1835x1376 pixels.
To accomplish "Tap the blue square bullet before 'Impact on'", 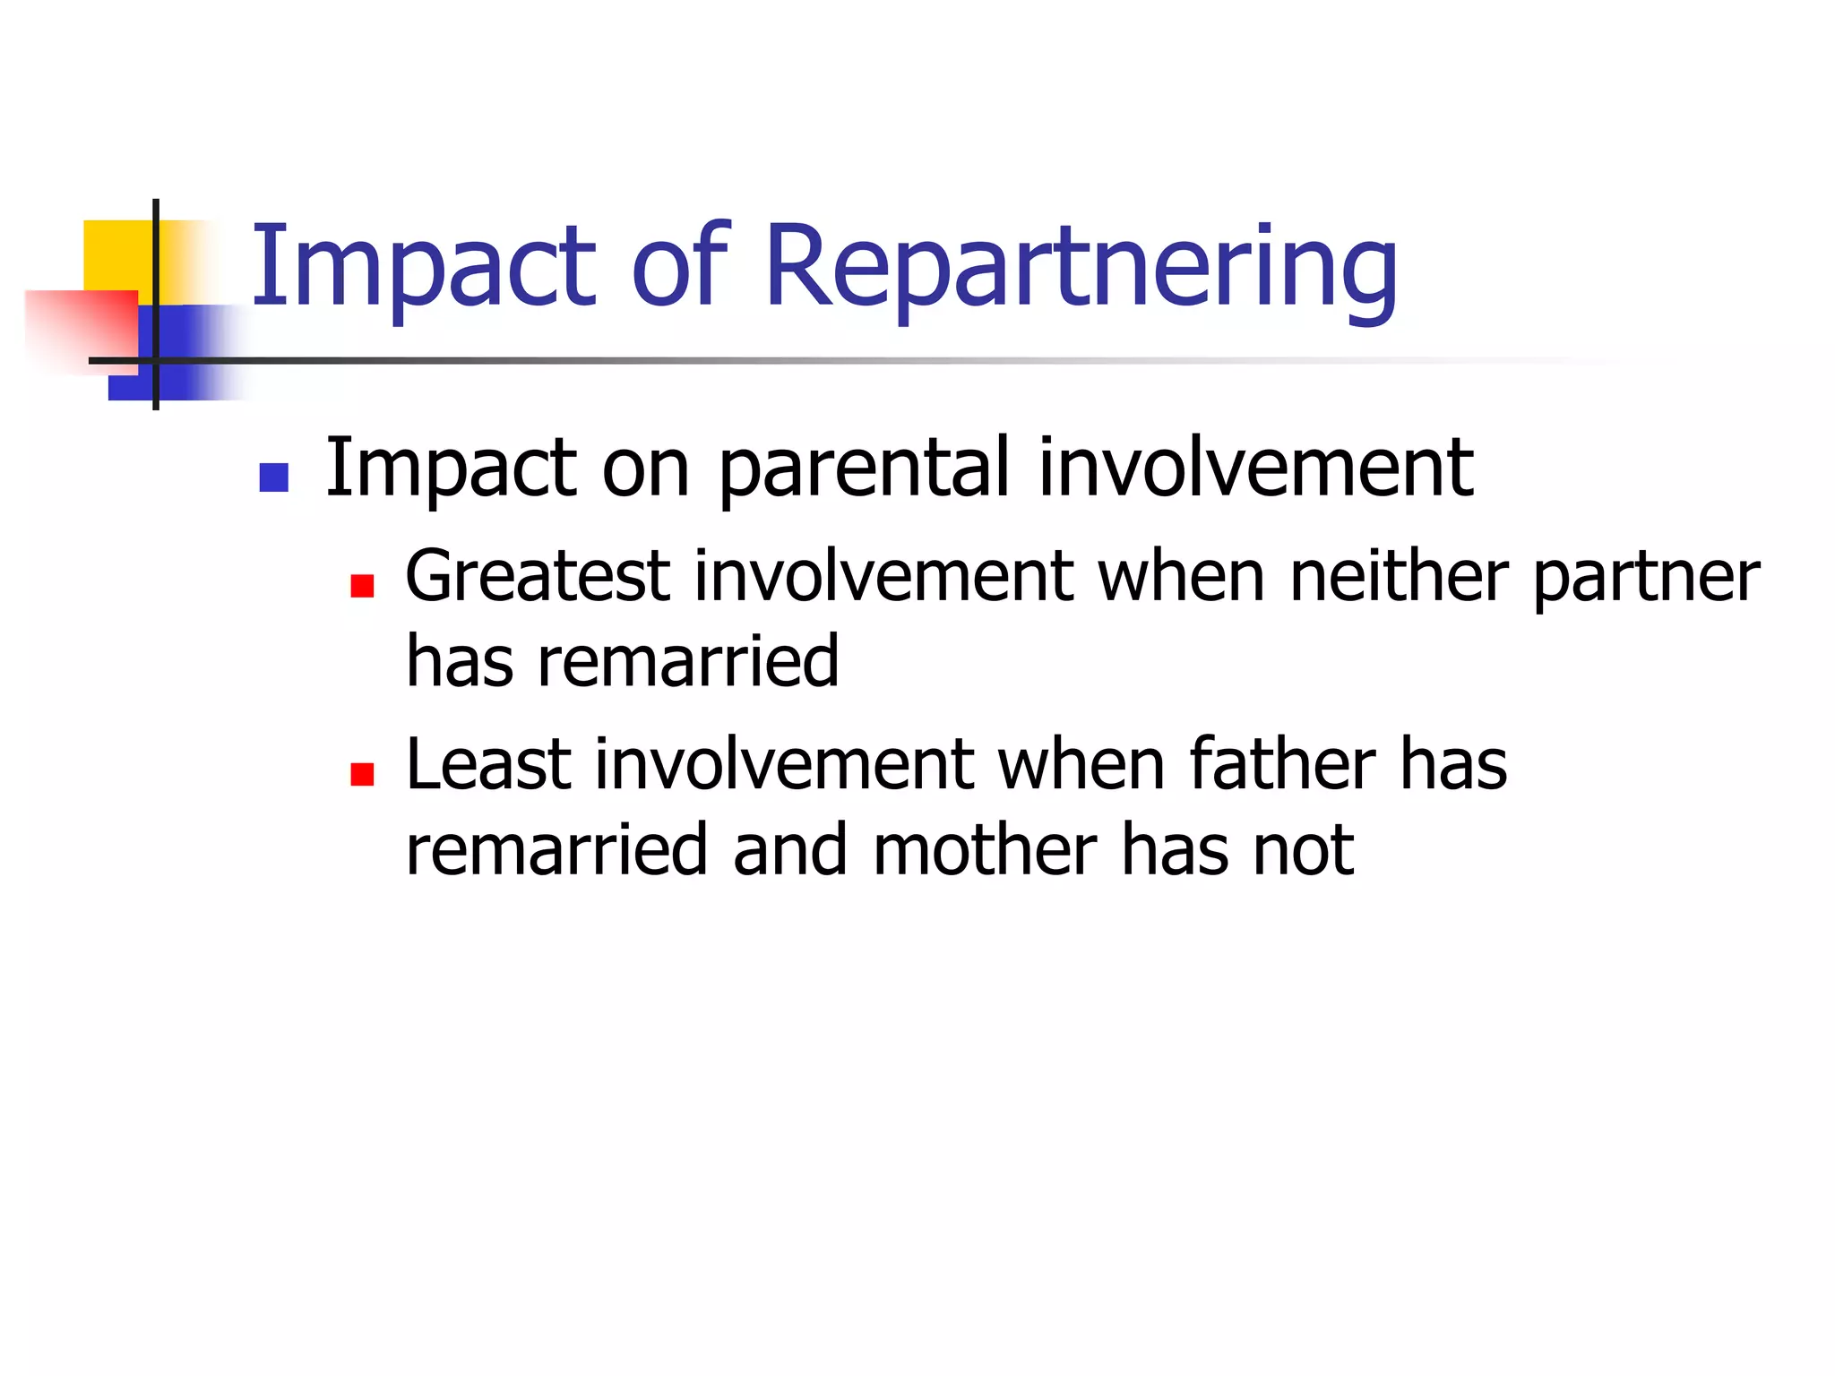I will (x=273, y=477).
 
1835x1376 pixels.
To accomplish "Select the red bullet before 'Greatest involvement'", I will (x=362, y=587).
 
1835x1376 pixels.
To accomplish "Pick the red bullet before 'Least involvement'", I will (x=362, y=774).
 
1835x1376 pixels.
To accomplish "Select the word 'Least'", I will (x=488, y=764).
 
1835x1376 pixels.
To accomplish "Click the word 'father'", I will (x=1282, y=764).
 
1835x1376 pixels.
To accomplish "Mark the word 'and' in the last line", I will (x=789, y=850).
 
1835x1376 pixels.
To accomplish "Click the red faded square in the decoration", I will (x=81, y=327).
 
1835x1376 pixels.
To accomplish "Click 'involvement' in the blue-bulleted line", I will (x=1254, y=468).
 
